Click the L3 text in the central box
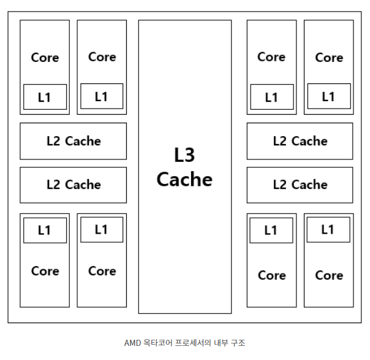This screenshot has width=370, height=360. click(x=184, y=155)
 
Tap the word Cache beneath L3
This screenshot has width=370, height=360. click(x=184, y=180)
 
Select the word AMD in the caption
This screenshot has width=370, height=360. click(x=132, y=343)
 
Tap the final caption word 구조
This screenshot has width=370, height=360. click(x=239, y=343)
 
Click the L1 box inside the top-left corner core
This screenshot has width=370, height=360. click(x=45, y=97)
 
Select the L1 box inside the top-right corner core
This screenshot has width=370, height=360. click(x=328, y=96)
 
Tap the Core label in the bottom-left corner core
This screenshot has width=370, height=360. click(x=45, y=271)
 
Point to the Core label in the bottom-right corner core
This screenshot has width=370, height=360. click(x=329, y=275)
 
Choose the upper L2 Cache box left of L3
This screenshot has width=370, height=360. click(x=74, y=141)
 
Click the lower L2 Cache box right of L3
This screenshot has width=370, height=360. click(x=300, y=185)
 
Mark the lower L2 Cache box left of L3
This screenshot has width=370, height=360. click(x=74, y=185)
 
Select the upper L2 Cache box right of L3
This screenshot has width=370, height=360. click(x=300, y=141)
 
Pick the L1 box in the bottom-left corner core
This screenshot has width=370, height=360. click(x=45, y=231)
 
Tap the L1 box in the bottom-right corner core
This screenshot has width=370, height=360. click(x=328, y=230)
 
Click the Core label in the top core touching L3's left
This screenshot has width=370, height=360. click(x=102, y=56)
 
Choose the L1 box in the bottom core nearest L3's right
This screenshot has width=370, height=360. click(x=271, y=231)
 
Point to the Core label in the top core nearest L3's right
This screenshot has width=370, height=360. click(x=271, y=56)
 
